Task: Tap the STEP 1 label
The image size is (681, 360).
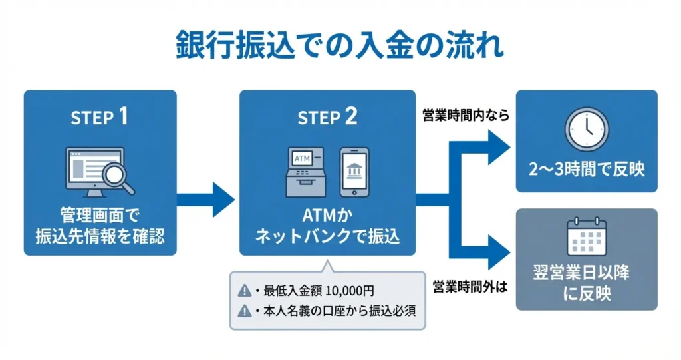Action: point(100,118)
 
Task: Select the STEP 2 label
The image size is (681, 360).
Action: point(327,118)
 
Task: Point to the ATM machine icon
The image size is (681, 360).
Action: point(307,172)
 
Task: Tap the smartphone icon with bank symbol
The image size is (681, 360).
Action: point(354,172)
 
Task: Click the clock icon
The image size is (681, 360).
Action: point(587,129)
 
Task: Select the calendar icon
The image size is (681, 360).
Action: point(586,238)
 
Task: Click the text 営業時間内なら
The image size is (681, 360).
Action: point(466,116)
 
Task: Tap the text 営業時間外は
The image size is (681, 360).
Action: point(470,287)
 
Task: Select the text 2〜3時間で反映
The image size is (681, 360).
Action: point(587,169)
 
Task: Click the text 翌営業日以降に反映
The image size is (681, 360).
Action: point(586,283)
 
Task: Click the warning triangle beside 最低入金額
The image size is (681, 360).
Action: point(243,291)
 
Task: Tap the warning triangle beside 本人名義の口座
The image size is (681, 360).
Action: point(243,309)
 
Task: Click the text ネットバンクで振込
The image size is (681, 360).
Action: point(328,236)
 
